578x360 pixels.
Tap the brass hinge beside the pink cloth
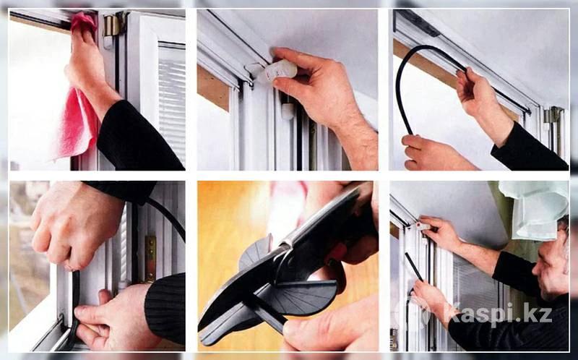point(113,25)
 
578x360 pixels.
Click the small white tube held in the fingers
point(281,70)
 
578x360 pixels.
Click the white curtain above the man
point(535,208)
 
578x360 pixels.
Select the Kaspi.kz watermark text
point(498,314)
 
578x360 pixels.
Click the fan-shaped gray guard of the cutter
point(298,295)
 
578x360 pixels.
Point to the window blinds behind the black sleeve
point(172,100)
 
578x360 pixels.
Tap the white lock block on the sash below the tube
point(288,111)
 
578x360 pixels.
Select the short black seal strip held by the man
point(413,266)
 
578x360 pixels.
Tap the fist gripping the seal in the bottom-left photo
point(74,225)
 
